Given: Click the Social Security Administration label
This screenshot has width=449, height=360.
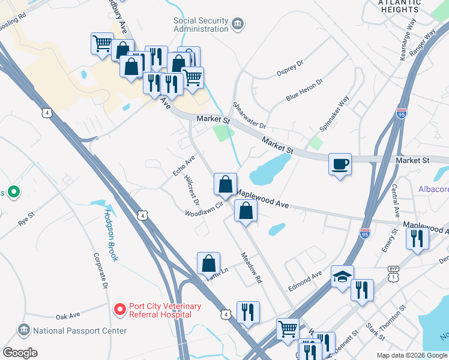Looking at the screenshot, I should tap(201, 24).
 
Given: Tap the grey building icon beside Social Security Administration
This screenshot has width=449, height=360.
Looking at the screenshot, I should tap(238, 25).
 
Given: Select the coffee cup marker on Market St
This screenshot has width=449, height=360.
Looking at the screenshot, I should tap(340, 164).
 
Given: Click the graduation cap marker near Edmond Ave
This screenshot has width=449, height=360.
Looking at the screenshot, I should tap(342, 277).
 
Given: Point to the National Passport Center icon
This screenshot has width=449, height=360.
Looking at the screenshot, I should tap(24, 330).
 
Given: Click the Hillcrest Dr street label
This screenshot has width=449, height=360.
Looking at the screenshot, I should tap(192, 190).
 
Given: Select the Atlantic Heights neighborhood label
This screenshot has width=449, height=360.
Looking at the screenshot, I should tap(399, 6).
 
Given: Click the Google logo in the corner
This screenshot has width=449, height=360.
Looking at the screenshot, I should tap(20, 353).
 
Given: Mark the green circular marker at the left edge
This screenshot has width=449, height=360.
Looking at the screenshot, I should tap(12, 193).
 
